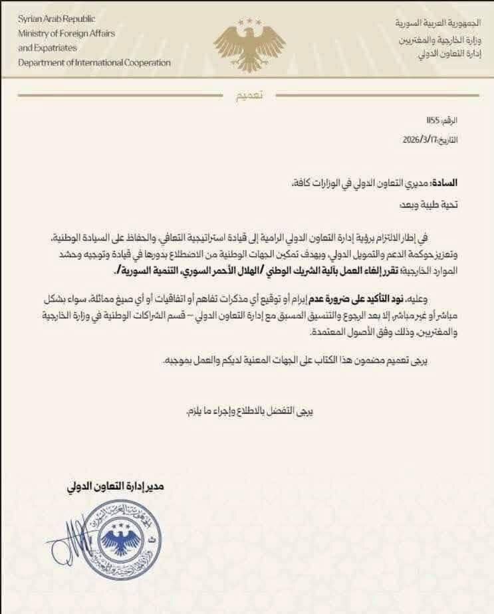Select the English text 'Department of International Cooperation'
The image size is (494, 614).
pos(94,62)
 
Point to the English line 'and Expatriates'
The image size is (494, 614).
pos(47,48)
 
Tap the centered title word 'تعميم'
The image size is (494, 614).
pos(250,96)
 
